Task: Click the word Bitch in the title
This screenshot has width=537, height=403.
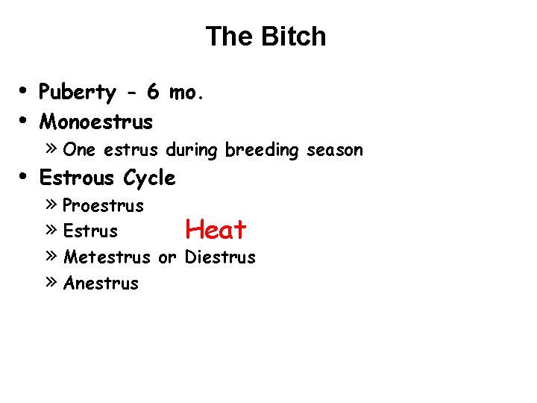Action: click(296, 36)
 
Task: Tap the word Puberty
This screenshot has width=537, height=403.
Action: click(78, 93)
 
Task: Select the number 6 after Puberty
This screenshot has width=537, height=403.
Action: click(152, 93)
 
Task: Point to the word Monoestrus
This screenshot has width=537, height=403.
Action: click(95, 121)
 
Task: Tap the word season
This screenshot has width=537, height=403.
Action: click(335, 150)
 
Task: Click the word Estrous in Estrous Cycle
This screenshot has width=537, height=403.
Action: click(78, 178)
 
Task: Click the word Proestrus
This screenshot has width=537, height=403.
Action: click(104, 205)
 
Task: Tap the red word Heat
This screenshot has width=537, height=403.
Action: click(216, 230)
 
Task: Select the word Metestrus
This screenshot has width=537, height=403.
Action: click(107, 257)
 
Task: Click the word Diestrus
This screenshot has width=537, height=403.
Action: click(220, 257)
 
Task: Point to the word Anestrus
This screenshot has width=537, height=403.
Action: click(101, 284)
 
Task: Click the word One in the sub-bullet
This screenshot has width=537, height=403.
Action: click(79, 150)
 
